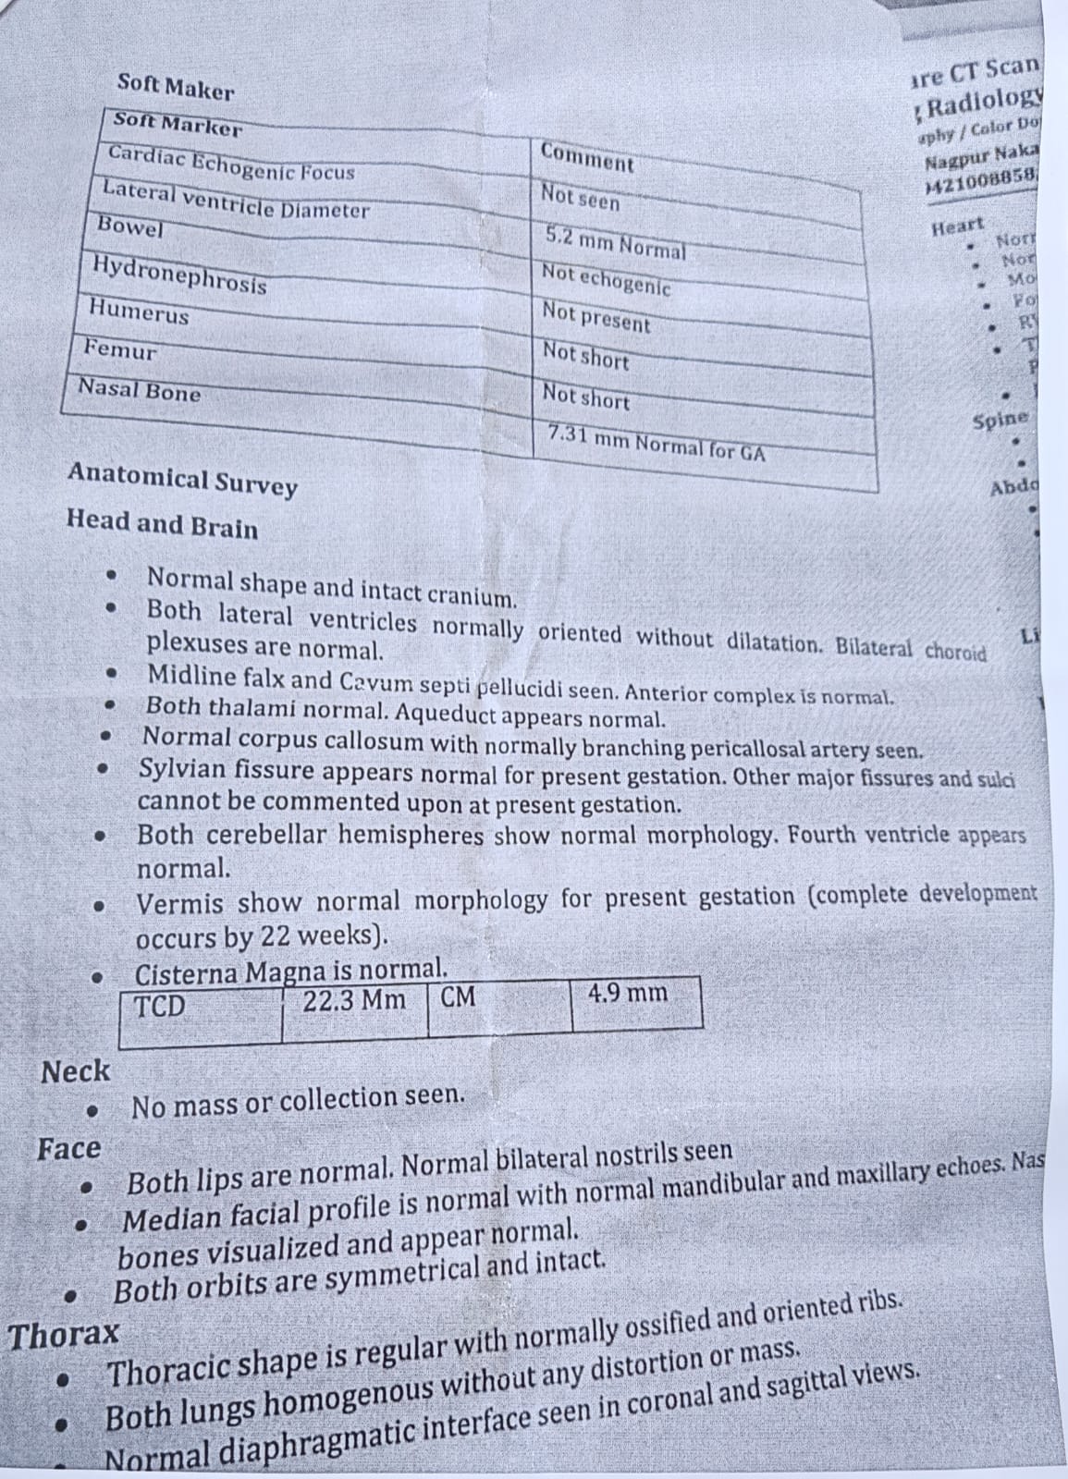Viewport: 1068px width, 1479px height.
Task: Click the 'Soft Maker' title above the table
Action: coord(175,88)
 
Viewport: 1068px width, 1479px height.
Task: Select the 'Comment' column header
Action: coord(587,157)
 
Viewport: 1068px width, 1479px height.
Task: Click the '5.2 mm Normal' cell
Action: coord(615,243)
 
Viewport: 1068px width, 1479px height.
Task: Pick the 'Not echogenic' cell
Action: coord(606,279)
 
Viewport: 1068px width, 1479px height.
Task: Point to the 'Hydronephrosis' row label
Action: coord(179,274)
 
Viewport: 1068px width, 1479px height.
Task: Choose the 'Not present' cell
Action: coord(596,317)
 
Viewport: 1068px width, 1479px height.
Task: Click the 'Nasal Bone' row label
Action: coord(139,390)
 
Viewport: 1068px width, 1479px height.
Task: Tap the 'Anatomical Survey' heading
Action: coord(182,480)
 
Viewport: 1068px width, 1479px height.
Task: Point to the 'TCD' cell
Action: coord(161,1006)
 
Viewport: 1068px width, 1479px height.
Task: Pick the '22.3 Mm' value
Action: coord(354,999)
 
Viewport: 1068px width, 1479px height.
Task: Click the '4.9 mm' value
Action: coord(627,994)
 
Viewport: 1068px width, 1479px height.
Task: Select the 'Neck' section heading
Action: coord(75,1071)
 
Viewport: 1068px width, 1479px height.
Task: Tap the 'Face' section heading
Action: coord(69,1149)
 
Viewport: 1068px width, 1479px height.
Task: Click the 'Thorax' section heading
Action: coord(64,1335)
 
